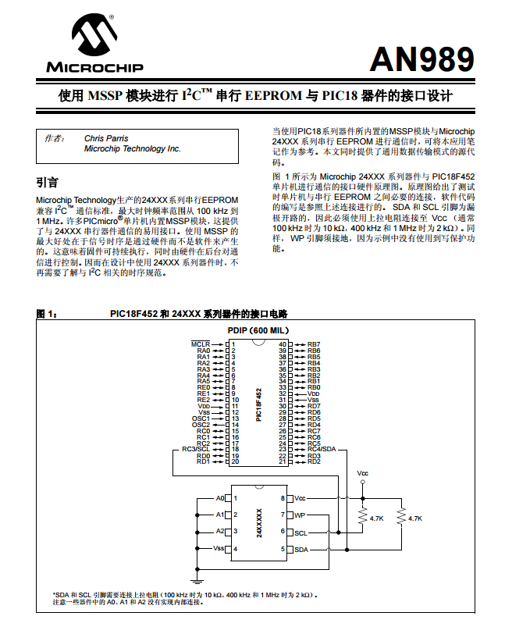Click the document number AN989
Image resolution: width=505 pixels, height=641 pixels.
tap(421, 59)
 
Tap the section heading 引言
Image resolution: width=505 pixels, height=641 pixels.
tap(48, 183)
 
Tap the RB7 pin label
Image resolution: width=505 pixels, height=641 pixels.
tap(314, 344)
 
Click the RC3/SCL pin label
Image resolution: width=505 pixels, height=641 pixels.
tap(195, 450)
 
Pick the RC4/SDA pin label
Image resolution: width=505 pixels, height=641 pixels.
tap(321, 450)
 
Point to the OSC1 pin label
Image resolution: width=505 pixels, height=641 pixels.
tap(201, 418)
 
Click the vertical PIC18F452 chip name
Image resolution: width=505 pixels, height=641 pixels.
tap(259, 404)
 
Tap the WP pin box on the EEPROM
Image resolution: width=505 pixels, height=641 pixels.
tap(300, 515)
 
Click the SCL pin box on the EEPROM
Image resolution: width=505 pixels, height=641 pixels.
tap(301, 532)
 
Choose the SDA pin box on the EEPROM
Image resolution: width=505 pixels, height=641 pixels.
tap(301, 550)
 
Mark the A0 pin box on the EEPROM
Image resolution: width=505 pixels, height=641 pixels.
tap(220, 498)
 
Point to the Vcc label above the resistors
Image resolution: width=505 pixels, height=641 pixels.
tap(363, 474)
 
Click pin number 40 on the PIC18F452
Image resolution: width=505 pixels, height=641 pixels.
tap(283, 344)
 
